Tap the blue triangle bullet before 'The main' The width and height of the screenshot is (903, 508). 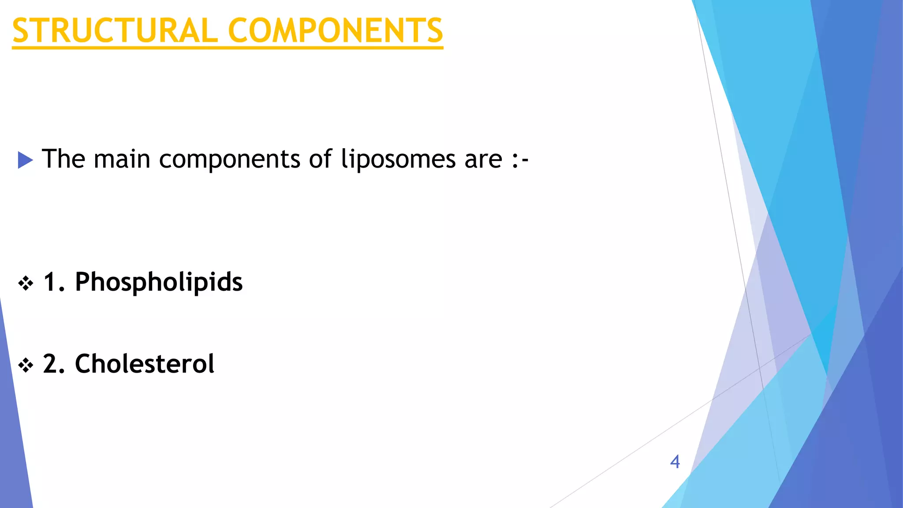25,160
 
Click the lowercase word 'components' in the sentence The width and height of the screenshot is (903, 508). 229,160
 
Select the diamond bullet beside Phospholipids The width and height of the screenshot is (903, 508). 26,283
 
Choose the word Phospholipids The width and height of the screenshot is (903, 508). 159,282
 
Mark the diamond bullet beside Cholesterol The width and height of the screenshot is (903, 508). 26,365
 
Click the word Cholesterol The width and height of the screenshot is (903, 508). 145,364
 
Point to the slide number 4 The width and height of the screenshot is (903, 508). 675,462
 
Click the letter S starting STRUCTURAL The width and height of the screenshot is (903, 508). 21,31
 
